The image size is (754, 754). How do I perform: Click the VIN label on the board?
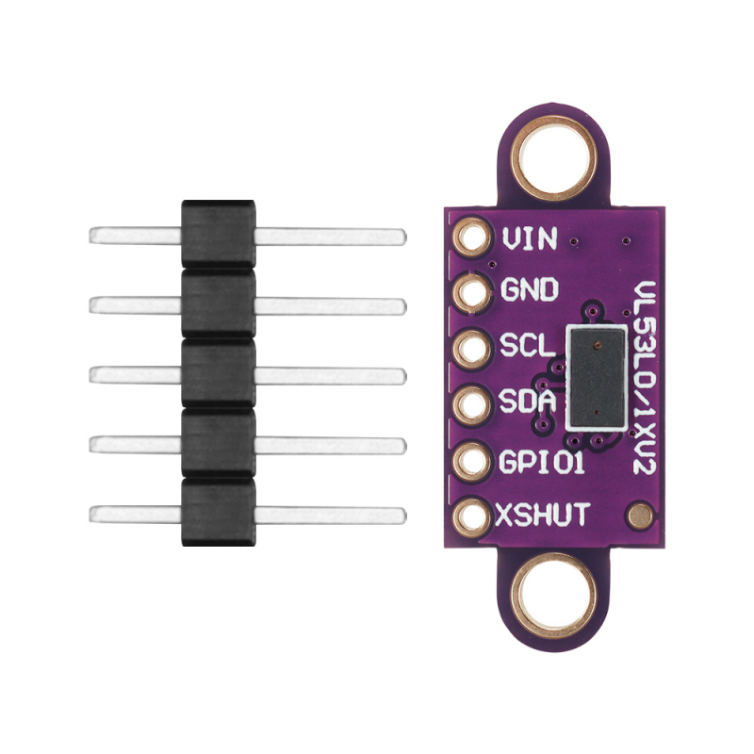pyautogui.click(x=530, y=238)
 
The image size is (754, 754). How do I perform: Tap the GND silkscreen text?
pyautogui.click(x=530, y=289)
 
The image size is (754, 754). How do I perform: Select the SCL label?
pyautogui.click(x=528, y=345)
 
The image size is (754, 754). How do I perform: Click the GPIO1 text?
pyautogui.click(x=542, y=462)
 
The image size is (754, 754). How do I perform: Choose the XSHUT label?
pyautogui.click(x=543, y=515)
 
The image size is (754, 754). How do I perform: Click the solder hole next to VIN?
pyautogui.click(x=473, y=238)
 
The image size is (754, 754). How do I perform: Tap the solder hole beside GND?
pyautogui.click(x=473, y=291)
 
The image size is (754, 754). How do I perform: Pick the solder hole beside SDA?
pyautogui.click(x=473, y=404)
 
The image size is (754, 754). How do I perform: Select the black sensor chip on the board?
pyautogui.click(x=598, y=377)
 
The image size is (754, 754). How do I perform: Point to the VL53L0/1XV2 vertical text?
pyautogui.click(x=645, y=378)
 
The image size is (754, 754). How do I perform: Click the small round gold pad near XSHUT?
pyautogui.click(x=641, y=516)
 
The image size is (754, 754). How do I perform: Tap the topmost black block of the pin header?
pyautogui.click(x=219, y=234)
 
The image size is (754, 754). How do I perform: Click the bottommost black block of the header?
pyautogui.click(x=219, y=512)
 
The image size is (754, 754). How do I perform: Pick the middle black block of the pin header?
pyautogui.click(x=219, y=373)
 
